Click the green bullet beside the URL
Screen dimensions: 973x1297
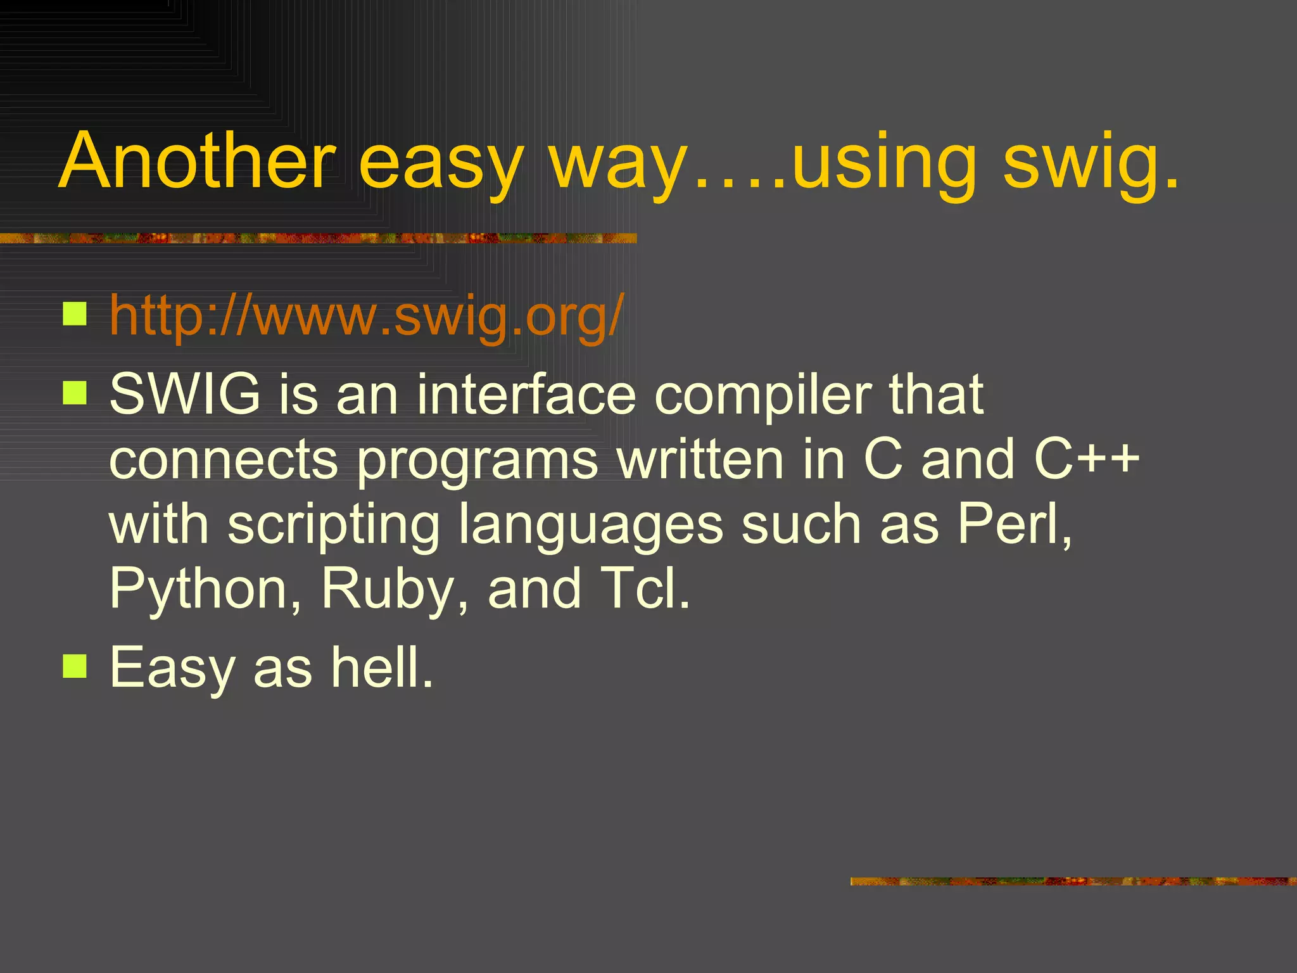click(75, 313)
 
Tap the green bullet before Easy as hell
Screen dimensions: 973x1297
click(75, 666)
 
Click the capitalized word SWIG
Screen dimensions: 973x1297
click(184, 394)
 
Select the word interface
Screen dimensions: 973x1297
click(526, 394)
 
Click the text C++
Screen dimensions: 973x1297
click(1085, 459)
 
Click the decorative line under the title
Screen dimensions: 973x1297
click(317, 238)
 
